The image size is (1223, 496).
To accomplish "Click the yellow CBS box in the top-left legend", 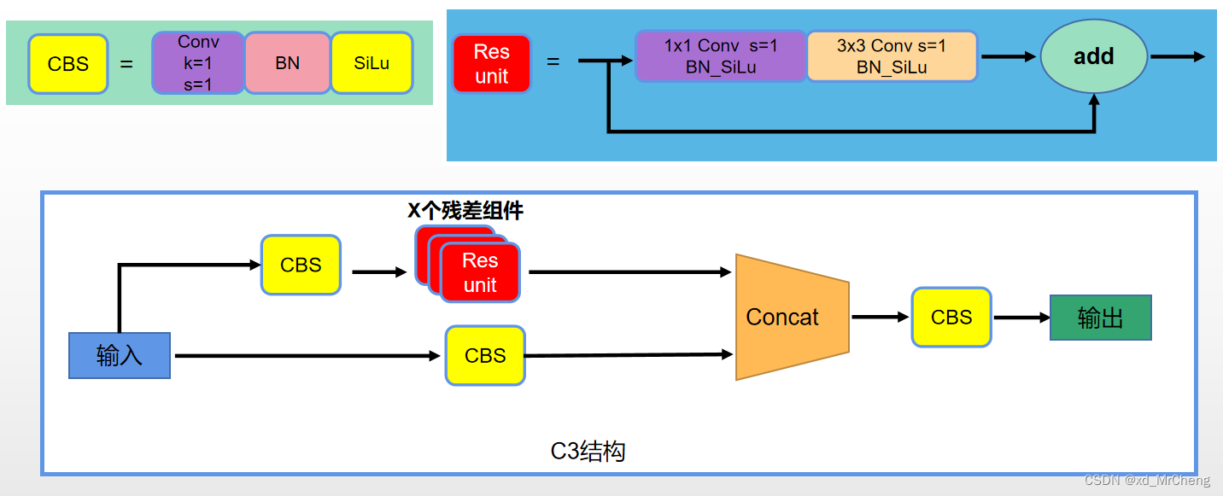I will (x=68, y=64).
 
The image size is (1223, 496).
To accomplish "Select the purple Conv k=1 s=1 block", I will (x=198, y=63).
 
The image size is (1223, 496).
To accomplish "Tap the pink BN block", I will (x=288, y=63).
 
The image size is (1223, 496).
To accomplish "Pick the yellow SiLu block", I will (x=372, y=63).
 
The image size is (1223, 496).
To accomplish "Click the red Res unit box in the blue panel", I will (x=492, y=64).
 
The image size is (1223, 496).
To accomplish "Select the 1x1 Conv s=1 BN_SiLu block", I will (x=721, y=56).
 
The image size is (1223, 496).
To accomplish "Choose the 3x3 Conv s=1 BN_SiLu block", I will (x=892, y=56).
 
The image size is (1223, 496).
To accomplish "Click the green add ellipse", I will (x=1093, y=56).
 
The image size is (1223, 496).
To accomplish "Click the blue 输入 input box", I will (x=120, y=355).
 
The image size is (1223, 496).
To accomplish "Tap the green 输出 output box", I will (x=1100, y=318).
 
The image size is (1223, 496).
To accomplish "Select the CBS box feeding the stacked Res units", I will (x=301, y=266).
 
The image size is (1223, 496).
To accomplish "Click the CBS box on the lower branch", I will (x=485, y=355).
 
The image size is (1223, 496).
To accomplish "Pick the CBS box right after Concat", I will (x=951, y=318).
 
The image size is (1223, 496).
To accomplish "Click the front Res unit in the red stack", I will (x=480, y=273).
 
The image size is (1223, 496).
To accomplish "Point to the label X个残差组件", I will (x=465, y=211).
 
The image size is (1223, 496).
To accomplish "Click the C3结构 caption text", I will (x=588, y=451).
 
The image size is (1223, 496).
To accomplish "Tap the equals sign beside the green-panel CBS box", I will (x=126, y=63).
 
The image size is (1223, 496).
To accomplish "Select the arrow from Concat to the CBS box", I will (x=880, y=317).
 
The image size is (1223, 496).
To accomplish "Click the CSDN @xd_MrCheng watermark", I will (x=1147, y=481).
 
